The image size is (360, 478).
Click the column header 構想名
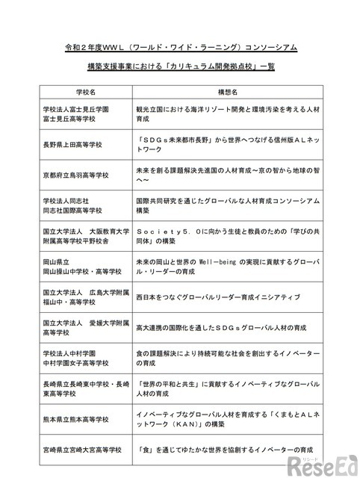228,92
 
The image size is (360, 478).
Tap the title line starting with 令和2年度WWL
180,47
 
